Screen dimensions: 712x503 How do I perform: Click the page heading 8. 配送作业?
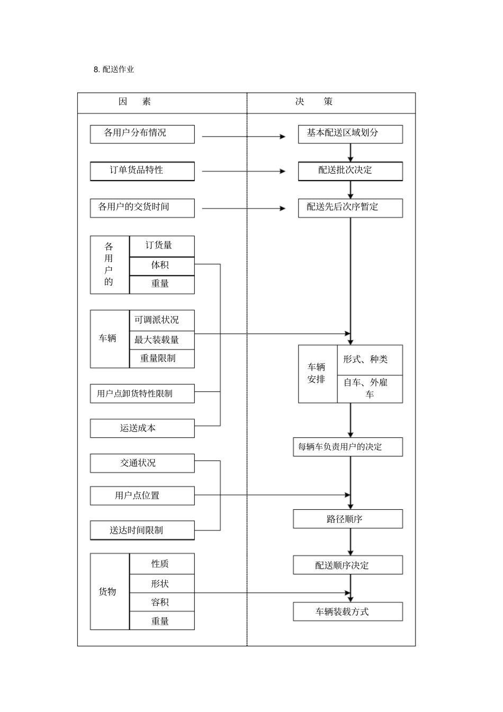114,70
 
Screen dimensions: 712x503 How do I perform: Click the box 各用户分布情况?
142,134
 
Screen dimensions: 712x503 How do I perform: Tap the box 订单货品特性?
142,171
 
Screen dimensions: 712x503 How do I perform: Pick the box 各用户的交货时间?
142,208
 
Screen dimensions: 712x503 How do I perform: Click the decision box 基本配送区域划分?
350,134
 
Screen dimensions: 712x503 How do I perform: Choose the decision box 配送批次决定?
350,171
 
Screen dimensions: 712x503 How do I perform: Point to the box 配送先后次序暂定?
350,208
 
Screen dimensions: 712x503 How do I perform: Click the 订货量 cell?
161,246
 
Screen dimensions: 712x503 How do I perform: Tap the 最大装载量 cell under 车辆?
161,340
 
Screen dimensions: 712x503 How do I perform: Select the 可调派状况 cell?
161,320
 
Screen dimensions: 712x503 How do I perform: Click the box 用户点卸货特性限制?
142,394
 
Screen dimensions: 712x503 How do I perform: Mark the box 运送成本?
142,428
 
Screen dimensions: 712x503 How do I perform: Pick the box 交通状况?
142,463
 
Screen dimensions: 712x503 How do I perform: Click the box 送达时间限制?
142,530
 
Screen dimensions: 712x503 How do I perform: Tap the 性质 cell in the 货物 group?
161,564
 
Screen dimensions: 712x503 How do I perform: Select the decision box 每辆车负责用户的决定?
347,447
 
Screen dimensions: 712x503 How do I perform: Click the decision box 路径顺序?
347,519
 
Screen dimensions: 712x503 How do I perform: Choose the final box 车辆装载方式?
347,612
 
